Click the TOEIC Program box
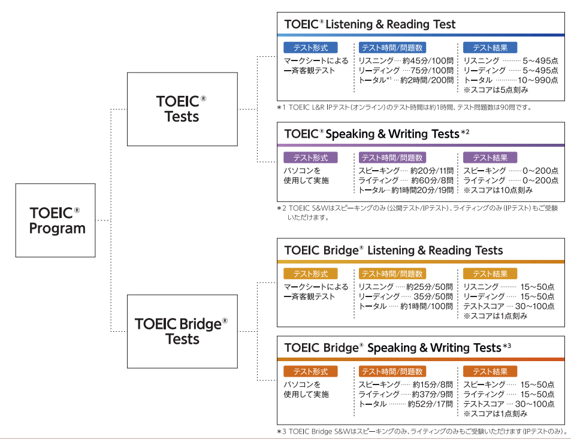(55, 220)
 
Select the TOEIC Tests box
(182, 109)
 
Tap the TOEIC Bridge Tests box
(182, 331)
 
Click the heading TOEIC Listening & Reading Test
(370, 25)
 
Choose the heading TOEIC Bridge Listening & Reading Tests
(393, 250)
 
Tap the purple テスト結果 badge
(490, 158)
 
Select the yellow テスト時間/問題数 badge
(392, 274)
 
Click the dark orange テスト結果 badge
(490, 372)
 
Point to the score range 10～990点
(537, 80)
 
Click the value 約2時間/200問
(427, 80)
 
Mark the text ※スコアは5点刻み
(495, 90)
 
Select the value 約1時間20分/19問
(422, 190)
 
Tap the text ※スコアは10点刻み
(497, 190)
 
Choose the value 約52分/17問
(430, 404)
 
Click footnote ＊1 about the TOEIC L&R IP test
(404, 108)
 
